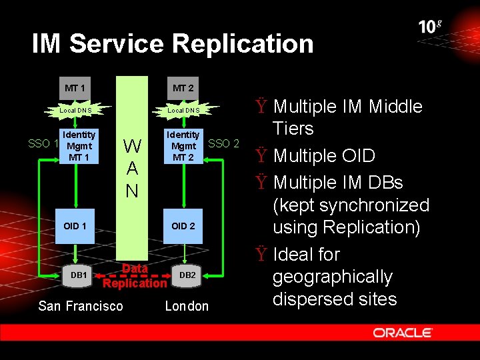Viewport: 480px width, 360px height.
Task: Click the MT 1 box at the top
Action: point(75,88)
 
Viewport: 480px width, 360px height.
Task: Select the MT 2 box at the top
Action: point(183,88)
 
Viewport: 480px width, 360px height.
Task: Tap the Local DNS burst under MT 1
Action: point(75,110)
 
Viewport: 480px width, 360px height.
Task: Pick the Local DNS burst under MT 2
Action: point(183,110)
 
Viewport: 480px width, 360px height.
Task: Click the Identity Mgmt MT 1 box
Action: point(79,146)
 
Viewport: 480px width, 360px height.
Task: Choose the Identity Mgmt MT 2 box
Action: point(183,146)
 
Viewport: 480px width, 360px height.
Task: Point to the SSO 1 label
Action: point(43,143)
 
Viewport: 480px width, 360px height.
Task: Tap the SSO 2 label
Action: point(224,143)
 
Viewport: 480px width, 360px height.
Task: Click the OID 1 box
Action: point(75,226)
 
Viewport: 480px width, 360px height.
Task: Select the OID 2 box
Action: point(183,226)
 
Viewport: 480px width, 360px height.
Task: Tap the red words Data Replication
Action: point(135,276)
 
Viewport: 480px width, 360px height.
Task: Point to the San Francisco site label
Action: point(81,306)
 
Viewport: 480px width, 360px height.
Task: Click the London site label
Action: point(187,306)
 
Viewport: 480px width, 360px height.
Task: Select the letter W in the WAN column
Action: point(132,146)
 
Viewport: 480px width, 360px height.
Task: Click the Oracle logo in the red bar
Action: point(403,333)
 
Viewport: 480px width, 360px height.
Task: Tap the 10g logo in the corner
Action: point(430,27)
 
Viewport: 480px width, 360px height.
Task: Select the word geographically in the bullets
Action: point(333,277)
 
